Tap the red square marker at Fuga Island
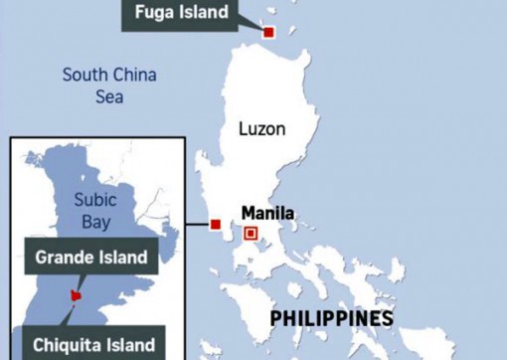(268, 33)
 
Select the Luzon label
(262, 129)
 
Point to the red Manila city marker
(251, 234)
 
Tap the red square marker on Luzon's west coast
(216, 224)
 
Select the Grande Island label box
(90, 258)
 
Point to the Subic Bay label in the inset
(97, 210)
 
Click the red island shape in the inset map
(73, 295)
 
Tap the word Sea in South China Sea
(109, 97)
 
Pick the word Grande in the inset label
(67, 258)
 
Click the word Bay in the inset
(97, 222)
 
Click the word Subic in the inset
(97, 199)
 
